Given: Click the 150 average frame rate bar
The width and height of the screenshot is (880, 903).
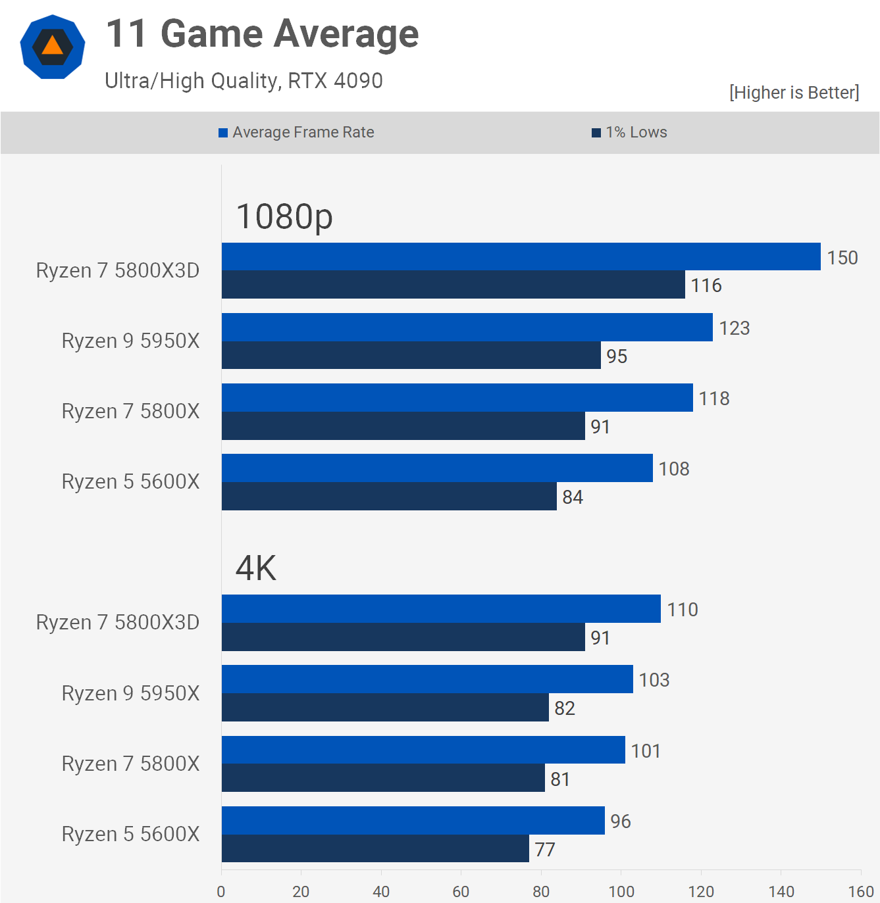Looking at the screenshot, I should (521, 256).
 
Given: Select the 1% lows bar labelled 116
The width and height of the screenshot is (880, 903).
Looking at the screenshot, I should (453, 285).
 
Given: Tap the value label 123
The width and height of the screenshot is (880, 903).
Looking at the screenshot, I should (734, 328).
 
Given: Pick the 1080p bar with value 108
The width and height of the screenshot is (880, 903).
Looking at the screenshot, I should (437, 468).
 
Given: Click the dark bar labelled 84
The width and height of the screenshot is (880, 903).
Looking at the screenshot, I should (389, 497).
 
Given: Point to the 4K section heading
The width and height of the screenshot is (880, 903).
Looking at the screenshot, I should (256, 568).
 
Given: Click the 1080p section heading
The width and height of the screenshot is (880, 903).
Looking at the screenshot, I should (284, 216).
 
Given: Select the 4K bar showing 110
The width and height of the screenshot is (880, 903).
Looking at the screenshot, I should (441, 608).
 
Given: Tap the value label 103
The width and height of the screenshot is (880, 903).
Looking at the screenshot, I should (654, 680).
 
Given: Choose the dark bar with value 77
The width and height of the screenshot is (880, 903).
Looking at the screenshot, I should (375, 848).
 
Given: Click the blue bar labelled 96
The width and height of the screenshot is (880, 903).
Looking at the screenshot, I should (413, 820).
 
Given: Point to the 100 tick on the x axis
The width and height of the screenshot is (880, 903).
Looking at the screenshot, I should (621, 891).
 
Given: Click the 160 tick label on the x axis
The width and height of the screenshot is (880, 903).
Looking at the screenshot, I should (860, 891).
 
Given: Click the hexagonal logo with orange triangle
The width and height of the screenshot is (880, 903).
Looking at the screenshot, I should (53, 47).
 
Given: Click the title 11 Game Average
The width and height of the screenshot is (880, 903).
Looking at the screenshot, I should (262, 34).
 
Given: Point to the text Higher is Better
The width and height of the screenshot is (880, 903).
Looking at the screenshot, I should (794, 93).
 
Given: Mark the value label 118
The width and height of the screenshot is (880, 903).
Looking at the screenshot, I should (713, 399).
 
